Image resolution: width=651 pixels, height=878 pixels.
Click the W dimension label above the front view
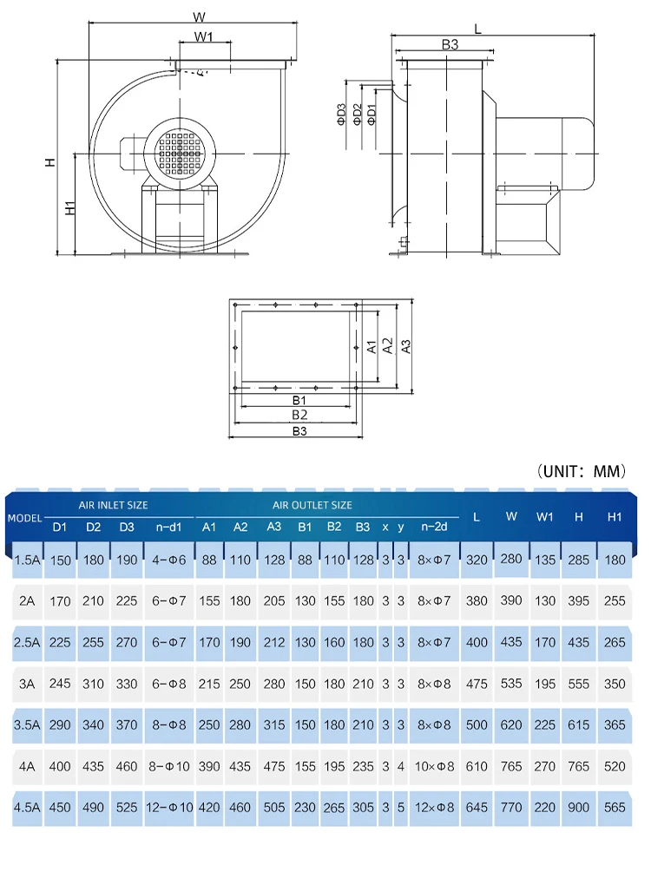[199, 16]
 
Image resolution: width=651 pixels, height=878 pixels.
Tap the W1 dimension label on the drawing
[203, 37]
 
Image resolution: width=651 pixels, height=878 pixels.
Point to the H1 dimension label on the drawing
[69, 207]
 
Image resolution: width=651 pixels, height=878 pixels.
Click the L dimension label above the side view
[477, 29]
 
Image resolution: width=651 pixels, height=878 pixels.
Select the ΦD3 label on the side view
[341, 115]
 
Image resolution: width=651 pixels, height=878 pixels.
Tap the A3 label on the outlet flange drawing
[406, 347]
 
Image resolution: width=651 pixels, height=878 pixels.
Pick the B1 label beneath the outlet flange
[299, 400]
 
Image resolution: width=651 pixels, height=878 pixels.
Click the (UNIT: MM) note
[581, 471]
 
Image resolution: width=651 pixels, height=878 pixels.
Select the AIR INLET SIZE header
[113, 505]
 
